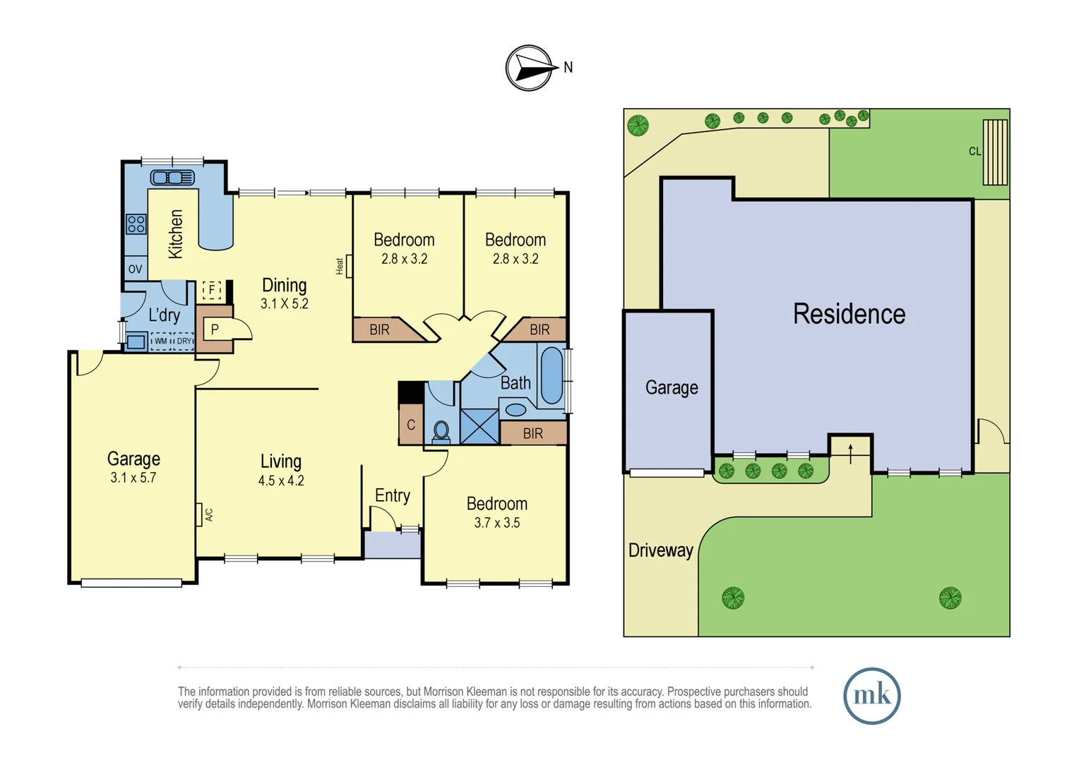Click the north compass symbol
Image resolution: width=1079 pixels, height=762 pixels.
(529, 68)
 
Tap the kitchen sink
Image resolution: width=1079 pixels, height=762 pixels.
(172, 177)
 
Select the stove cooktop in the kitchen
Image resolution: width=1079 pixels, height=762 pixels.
(136, 224)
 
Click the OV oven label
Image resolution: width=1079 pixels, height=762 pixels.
(135, 269)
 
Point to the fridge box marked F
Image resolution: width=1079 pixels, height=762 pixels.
(211, 289)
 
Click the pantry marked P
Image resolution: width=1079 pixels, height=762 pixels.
(215, 329)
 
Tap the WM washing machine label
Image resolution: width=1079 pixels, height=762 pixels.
(161, 341)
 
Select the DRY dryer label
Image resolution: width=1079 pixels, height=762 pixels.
(184, 341)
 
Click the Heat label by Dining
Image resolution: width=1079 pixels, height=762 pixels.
(340, 266)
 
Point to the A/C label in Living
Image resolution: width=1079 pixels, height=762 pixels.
(209, 515)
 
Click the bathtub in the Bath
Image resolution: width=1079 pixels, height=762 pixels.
(552, 375)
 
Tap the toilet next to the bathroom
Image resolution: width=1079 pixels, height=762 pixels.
(441, 430)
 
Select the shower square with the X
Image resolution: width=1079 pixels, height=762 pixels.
(479, 426)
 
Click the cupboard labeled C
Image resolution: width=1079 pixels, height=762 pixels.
(411, 425)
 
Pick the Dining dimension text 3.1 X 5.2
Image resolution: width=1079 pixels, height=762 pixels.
(284, 304)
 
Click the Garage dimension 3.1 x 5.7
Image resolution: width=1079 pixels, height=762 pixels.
(133, 478)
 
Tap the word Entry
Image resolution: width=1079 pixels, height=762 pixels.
(392, 495)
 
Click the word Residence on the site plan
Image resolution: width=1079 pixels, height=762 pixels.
(849, 314)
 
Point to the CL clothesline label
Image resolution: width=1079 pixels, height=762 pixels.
(974, 151)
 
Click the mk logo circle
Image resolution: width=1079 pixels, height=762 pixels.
(871, 696)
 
